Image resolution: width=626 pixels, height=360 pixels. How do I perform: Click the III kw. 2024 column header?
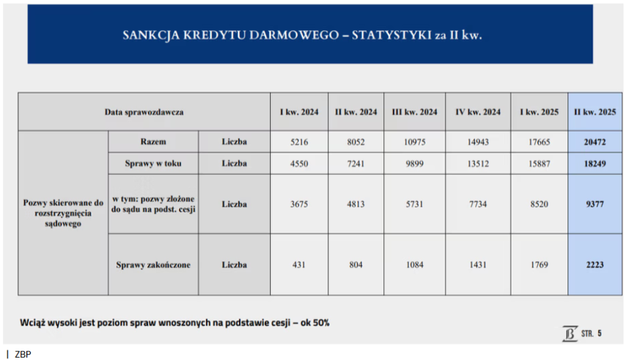coord(414,112)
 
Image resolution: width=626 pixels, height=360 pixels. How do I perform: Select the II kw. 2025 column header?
coord(594,112)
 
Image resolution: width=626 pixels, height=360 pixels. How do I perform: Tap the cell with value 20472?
coord(594,142)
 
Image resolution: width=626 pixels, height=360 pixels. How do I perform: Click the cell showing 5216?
coord(299,142)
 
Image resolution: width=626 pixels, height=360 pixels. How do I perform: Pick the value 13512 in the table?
coord(477,163)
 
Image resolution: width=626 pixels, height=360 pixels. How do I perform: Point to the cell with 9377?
coord(594,204)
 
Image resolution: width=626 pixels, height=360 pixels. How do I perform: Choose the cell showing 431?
coord(299,265)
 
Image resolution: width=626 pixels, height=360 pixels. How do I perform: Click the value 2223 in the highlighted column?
coord(594,265)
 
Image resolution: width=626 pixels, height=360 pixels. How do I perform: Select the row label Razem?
coord(153,142)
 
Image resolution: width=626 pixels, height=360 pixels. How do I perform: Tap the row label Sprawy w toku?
coord(153,163)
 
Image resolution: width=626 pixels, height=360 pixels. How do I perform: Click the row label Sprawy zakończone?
coord(153,265)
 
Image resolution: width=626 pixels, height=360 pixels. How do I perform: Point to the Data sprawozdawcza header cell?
coord(144,112)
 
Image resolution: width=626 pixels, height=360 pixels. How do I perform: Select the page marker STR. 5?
coord(591,333)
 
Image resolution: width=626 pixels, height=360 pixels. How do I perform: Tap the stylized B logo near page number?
coord(570,333)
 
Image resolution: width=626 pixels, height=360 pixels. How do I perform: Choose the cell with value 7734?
coord(477,204)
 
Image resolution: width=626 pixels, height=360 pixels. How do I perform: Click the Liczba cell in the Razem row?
coord(234,142)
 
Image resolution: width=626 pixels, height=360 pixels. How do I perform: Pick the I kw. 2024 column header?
coord(299,112)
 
